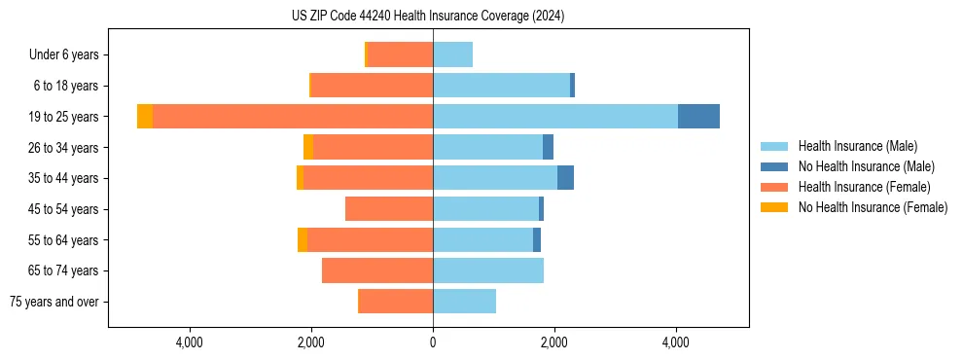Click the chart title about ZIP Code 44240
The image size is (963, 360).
428,17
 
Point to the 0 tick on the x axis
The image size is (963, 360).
433,342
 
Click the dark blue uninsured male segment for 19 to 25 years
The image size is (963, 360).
698,117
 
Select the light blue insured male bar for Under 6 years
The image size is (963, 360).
452,55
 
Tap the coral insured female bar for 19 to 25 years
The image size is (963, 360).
292,117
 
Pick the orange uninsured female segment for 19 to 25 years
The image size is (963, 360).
145,117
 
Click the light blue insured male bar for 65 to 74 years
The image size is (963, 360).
487,270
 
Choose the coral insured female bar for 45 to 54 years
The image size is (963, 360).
389,209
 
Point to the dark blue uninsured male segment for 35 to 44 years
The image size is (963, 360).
565,178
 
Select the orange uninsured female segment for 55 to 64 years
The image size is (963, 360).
303,240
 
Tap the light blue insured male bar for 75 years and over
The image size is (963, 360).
464,302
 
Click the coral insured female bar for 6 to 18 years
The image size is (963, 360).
372,86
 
